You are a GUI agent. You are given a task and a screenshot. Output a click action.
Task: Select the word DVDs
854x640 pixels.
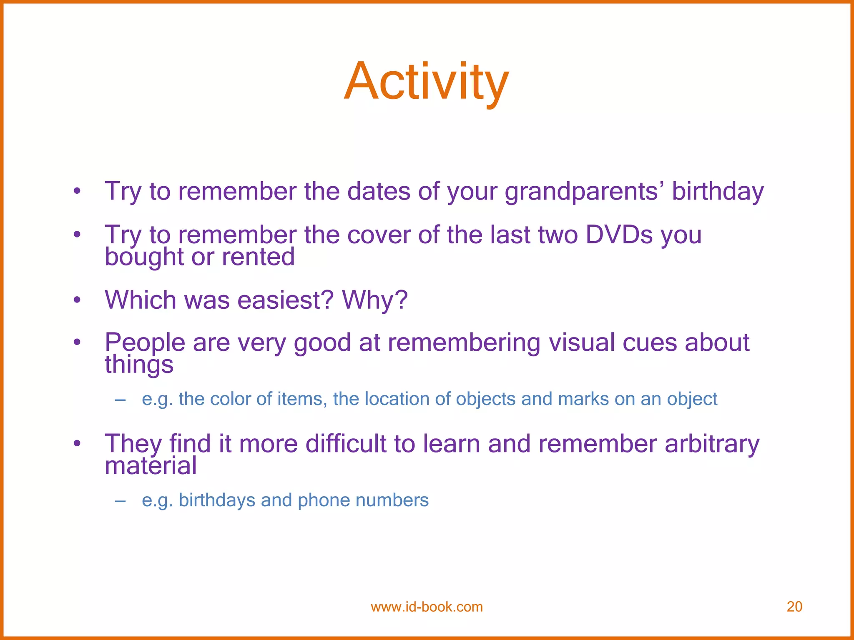619,235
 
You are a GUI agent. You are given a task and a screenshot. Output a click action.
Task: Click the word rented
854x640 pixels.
258,257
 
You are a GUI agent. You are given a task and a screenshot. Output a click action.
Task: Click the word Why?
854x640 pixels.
374,300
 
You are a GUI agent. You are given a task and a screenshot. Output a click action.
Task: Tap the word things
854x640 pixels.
139,365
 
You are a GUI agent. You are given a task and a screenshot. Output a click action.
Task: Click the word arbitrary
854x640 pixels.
712,444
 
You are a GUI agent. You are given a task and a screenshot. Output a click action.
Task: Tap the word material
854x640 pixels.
151,466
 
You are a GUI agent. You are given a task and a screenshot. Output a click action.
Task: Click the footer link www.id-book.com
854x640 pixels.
427,607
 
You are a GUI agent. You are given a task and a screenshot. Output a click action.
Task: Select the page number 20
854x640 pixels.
794,607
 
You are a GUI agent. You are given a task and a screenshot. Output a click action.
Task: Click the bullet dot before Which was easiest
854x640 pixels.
77,300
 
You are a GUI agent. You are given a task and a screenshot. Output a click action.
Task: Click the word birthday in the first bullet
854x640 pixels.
718,192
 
